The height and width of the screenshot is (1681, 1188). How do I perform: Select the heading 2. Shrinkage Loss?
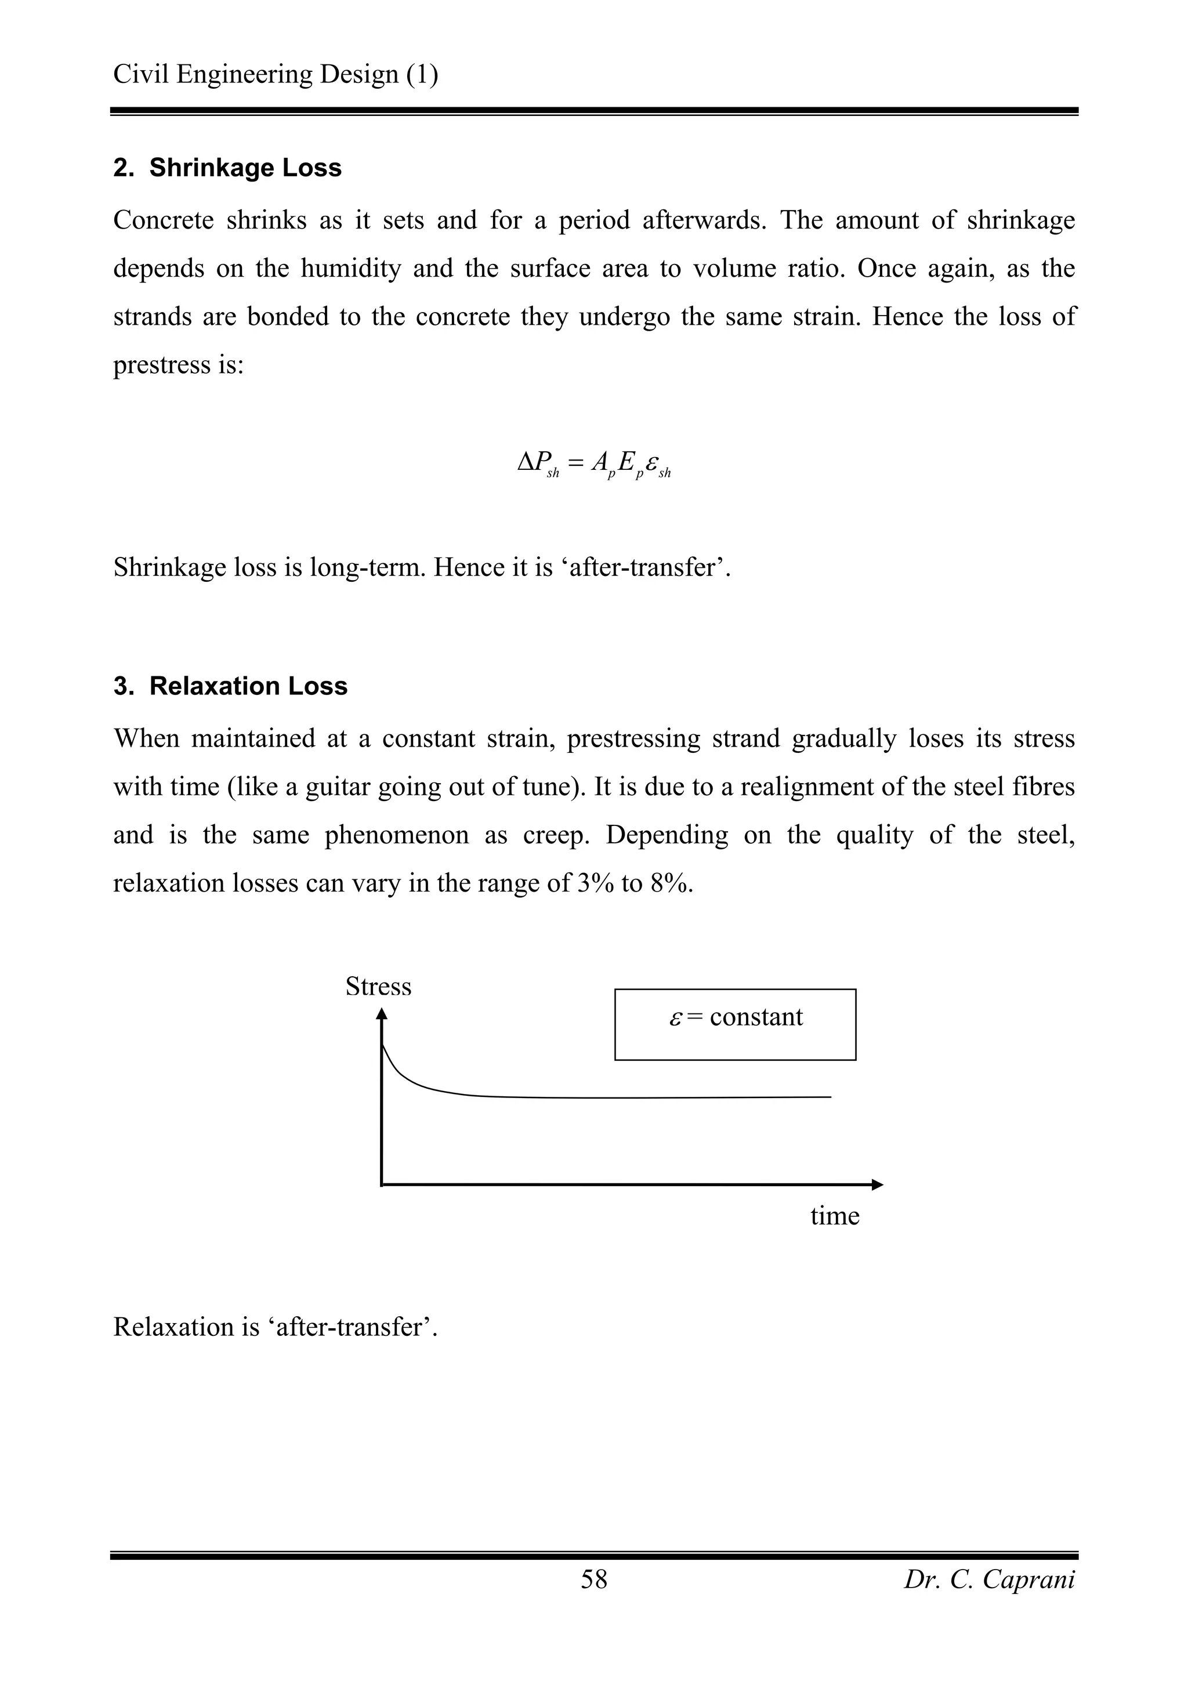pyautogui.click(x=227, y=168)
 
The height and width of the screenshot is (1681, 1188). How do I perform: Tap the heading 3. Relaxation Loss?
pyautogui.click(x=230, y=686)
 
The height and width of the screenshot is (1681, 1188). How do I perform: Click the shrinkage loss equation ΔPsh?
pyautogui.click(x=593, y=463)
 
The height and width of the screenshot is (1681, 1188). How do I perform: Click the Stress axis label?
pyautogui.click(x=378, y=986)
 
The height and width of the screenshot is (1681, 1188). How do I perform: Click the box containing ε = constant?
pyautogui.click(x=735, y=1024)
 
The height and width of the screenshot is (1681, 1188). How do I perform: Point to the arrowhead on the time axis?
pyautogui.click(x=878, y=1184)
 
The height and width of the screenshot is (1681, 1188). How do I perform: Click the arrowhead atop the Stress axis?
pyautogui.click(x=381, y=1014)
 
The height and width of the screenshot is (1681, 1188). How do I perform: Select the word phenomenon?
pyautogui.click(x=397, y=835)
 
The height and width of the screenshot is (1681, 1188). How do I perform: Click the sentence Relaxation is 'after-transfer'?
pyautogui.click(x=275, y=1327)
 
